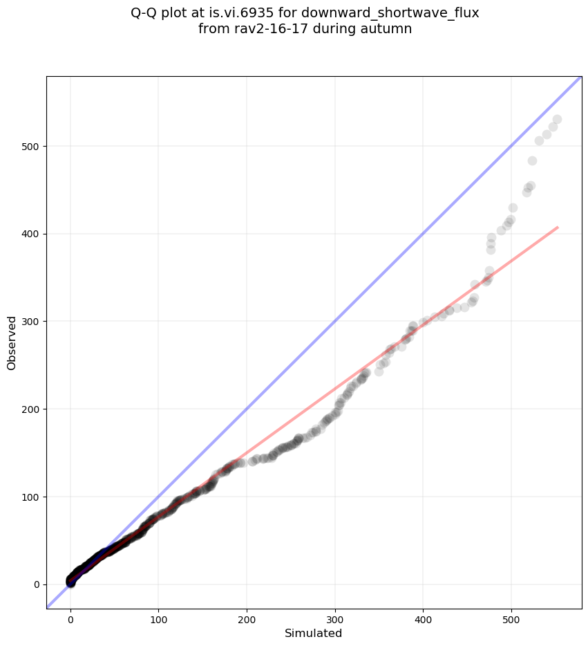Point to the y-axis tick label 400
[x=30, y=234]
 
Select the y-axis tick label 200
[x=30, y=409]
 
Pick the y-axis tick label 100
[x=30, y=497]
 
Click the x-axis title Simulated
[x=314, y=633]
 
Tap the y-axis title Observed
[x=12, y=342]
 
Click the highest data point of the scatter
[x=557, y=120]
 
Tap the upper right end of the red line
[x=557, y=227]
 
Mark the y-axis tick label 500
[x=30, y=146]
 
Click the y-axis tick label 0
[x=36, y=584]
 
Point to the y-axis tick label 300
[x=30, y=322]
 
